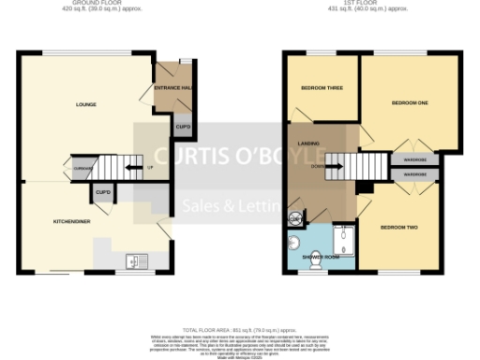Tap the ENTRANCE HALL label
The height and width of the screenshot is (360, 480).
click(x=172, y=89)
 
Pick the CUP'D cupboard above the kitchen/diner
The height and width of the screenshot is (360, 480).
click(x=102, y=193)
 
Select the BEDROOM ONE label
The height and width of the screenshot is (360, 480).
click(x=409, y=102)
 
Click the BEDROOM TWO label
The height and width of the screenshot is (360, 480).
click(x=398, y=228)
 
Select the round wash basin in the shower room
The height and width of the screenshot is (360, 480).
click(x=294, y=241)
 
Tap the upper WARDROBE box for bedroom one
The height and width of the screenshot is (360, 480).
click(x=413, y=160)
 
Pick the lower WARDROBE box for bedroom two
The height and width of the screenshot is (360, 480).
click(x=413, y=174)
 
